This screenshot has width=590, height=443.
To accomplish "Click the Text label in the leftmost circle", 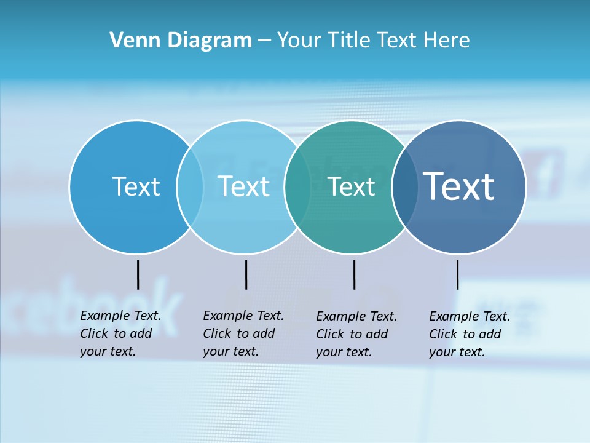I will pos(136,186).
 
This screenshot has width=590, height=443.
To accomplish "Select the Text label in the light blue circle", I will pos(244,186).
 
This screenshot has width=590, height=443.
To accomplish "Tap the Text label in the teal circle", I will pos(352,186).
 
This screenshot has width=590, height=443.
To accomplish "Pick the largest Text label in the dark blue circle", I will pos(459,186).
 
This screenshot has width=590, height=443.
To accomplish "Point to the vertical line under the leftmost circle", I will pos(138,274).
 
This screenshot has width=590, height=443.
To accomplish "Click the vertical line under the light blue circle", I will pos(246,274).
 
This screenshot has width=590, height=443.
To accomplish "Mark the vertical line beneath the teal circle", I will pos(354,274).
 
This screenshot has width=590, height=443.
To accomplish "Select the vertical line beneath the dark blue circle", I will pos(457,274).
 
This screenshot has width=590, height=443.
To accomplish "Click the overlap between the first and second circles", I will pos(190,186).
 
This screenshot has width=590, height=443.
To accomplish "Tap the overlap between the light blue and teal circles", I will pos(297,186).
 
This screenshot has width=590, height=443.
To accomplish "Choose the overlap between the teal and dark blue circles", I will pos(405,186).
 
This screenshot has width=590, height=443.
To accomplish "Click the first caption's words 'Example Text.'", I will pos(120,316).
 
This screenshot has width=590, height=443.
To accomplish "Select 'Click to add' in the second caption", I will pos(238,333).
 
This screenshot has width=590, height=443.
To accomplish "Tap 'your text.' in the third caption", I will pos(344,352).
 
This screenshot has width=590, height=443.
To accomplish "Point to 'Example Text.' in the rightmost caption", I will pos(470,316).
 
